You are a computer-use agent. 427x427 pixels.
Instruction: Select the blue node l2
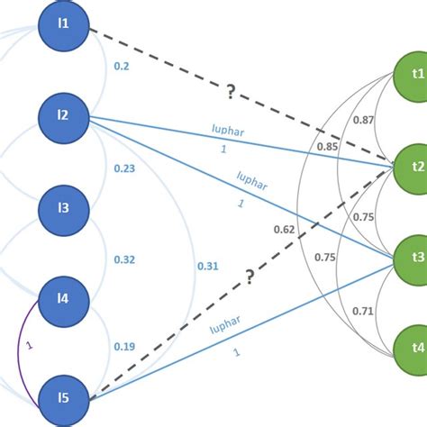(x=64, y=116)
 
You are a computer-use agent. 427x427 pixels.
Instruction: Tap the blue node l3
(x=64, y=209)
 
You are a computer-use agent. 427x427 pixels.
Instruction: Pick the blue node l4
(x=64, y=302)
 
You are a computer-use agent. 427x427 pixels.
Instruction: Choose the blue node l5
(x=64, y=395)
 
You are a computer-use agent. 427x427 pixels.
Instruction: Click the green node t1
(x=415, y=77)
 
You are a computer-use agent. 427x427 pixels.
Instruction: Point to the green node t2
(x=415, y=168)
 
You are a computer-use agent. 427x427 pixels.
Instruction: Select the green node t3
(x=415, y=256)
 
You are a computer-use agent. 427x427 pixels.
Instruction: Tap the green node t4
(x=415, y=347)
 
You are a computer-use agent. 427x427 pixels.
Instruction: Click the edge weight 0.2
(x=123, y=66)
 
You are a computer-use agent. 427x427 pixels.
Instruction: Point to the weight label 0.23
(x=126, y=168)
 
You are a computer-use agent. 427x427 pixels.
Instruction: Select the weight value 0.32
(x=124, y=260)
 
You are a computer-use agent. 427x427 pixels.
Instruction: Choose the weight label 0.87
(x=364, y=120)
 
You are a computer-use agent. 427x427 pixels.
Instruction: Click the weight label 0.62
(x=284, y=230)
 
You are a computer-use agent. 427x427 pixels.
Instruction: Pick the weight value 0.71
(x=363, y=311)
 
